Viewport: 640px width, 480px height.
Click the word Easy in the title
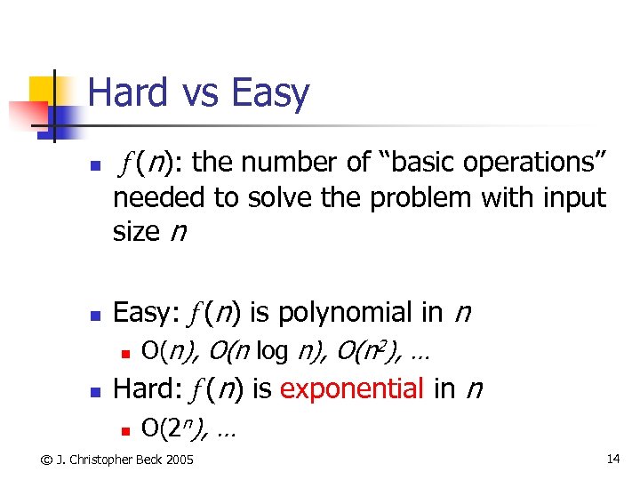pos(269,93)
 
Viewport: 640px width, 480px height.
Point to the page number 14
pos(612,459)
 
